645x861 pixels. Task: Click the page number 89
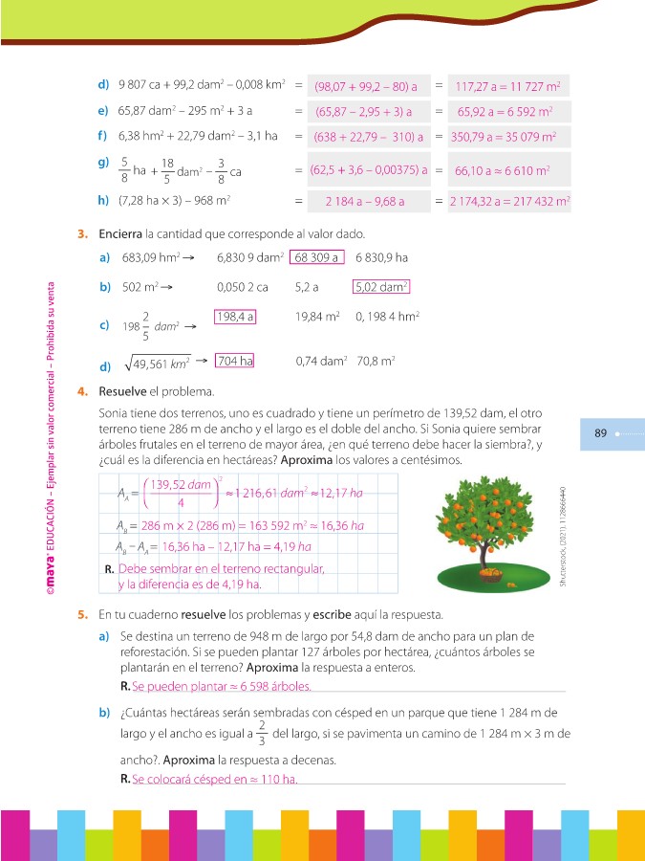(x=601, y=433)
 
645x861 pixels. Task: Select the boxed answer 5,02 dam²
(x=381, y=286)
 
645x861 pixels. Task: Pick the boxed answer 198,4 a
(x=235, y=317)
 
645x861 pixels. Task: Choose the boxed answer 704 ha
(x=234, y=361)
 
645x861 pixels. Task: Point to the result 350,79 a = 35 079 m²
(x=504, y=138)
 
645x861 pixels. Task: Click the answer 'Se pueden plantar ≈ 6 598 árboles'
(x=222, y=687)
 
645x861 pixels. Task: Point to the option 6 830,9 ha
(x=381, y=257)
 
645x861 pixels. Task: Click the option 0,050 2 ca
(x=243, y=286)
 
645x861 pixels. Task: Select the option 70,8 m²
(x=376, y=362)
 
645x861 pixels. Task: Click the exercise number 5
(x=83, y=613)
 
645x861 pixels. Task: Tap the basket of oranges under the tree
(x=490, y=575)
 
